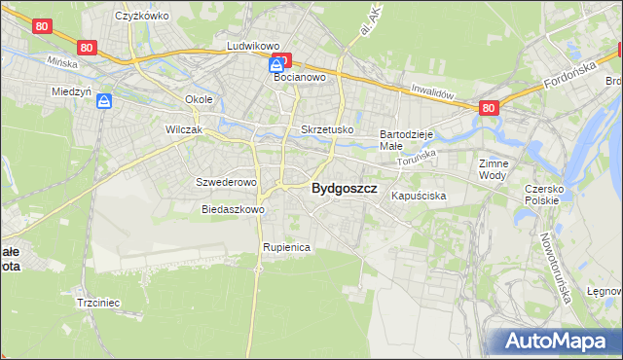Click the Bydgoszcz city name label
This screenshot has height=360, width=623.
pos(344,190)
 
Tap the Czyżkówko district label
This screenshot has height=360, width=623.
pos(142,17)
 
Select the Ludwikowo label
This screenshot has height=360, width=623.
pos(253,46)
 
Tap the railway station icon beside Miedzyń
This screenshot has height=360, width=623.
pos(104,99)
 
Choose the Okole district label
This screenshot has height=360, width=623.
pos(199,99)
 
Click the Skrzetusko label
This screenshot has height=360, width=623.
pos(327,129)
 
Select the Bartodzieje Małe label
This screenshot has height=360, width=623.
pos(405,139)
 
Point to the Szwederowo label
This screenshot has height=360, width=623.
pos(226,182)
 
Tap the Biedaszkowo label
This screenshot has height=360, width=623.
pos(233,209)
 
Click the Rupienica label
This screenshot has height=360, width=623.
pos(286,247)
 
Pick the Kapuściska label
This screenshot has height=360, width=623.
pos(419,196)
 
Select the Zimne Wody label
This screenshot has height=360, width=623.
pos(495,169)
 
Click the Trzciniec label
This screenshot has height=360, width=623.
pos(97,303)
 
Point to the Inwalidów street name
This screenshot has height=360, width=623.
pos(433,92)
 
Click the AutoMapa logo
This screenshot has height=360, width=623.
pos(556,341)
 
